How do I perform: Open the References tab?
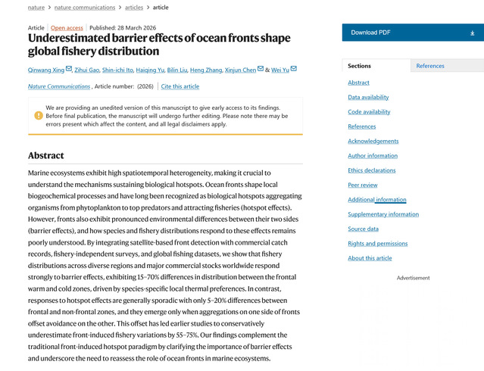(430, 66)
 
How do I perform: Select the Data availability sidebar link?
(368, 97)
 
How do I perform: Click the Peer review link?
(363, 185)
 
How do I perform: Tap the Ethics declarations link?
(372, 170)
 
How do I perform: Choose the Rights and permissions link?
(378, 244)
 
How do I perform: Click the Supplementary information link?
(383, 214)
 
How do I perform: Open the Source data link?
(363, 229)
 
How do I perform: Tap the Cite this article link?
(180, 86)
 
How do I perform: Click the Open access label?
(67, 28)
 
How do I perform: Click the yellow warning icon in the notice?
(39, 116)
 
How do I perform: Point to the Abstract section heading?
(45, 155)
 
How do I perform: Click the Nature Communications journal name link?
(59, 86)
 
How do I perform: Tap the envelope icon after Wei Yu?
(294, 69)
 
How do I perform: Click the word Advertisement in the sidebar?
(413, 278)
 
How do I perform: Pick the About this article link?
(370, 258)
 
